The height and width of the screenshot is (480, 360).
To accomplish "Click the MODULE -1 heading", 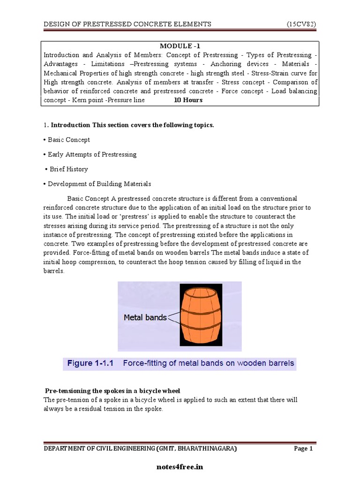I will point(180,45).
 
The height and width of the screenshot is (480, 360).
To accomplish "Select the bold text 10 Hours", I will point(188,100).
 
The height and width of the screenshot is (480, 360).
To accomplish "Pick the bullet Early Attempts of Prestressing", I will point(92,154).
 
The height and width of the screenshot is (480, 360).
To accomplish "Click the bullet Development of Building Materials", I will point(99,184).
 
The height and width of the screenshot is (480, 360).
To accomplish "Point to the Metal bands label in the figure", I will point(145,317).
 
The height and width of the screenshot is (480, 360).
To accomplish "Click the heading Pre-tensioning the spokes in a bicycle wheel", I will point(112,391).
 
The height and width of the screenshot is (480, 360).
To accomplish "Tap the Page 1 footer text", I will point(303,449).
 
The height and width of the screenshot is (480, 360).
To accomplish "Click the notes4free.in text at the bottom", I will point(180,467).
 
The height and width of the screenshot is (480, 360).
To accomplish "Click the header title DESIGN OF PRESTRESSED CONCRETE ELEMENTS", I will point(127,24).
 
